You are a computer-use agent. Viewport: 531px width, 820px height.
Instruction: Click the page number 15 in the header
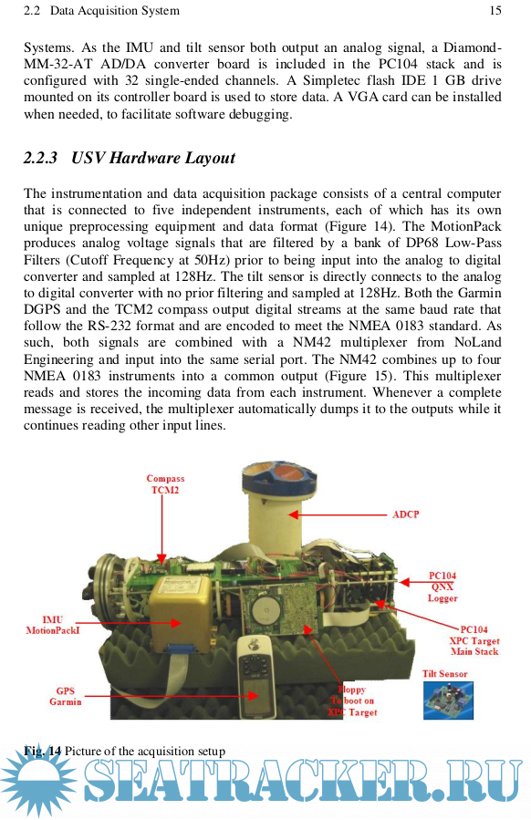pos(495,10)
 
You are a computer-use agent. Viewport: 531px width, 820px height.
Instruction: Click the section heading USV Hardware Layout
pos(153,158)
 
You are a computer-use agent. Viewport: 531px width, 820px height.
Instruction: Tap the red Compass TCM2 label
pos(165,484)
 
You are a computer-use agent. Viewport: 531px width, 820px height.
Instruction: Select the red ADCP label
pos(406,514)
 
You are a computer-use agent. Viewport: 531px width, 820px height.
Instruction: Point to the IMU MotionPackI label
pos(53,625)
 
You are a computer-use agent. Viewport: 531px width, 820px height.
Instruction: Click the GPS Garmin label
pos(66,696)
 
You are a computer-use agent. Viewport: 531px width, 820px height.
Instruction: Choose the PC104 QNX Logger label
pos(442,586)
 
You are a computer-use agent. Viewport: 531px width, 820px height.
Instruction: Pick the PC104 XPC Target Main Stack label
pos(474,640)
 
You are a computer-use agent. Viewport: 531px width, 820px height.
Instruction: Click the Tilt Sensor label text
pos(444,674)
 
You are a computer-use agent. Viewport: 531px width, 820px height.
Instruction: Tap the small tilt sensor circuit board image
pos(448,700)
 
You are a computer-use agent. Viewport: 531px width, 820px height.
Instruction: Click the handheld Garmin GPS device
pos(255,678)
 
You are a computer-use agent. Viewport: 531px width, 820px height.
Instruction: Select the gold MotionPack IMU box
pos(181,614)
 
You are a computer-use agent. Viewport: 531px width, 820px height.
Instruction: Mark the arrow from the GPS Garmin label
pos(172,696)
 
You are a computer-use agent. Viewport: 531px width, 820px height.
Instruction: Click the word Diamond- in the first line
pos(473,47)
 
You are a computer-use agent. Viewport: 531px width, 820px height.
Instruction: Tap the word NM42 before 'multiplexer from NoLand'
pos(312,343)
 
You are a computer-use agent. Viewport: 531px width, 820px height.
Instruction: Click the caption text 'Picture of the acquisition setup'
pos(145,752)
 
